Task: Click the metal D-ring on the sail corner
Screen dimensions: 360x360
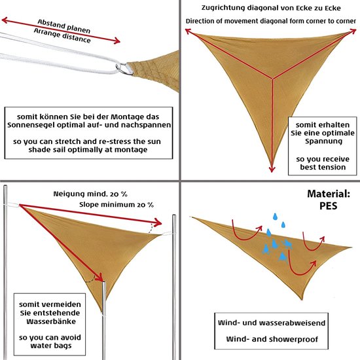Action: coord(124,69)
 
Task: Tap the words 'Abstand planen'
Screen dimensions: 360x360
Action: coord(64,26)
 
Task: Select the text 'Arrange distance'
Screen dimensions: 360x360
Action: coord(62,36)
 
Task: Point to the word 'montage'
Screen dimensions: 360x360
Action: coord(131,150)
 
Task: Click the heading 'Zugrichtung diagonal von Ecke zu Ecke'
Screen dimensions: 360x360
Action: coord(271,8)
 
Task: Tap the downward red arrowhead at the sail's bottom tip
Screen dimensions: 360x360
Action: coord(272,169)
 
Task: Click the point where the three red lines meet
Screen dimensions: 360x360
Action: coord(272,79)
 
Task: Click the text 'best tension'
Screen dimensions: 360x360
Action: coord(323,167)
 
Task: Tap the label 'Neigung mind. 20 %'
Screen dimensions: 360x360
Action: coord(90,194)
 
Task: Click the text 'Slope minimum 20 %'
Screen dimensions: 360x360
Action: coord(117,205)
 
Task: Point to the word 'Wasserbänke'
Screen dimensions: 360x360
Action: coord(51,321)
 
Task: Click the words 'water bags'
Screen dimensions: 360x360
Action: coord(51,346)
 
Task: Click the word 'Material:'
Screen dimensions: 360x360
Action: coord(329,194)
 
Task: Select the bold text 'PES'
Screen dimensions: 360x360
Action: coord(329,206)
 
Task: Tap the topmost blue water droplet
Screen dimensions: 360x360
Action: coord(275,216)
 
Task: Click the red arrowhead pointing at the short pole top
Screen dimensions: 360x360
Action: coord(100,278)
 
